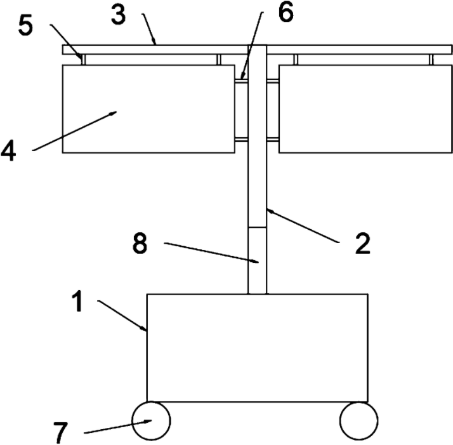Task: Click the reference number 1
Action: (77, 302)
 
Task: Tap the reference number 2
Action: (362, 243)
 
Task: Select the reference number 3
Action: (118, 14)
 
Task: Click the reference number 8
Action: (140, 244)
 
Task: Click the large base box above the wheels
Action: (257, 347)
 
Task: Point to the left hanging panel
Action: (148, 109)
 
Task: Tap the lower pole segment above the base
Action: (257, 260)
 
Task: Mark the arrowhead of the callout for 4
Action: (114, 113)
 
